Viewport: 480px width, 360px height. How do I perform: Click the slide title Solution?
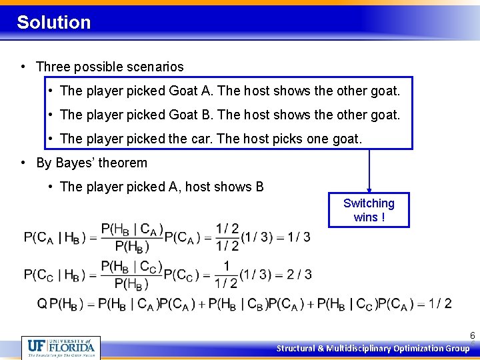click(53, 22)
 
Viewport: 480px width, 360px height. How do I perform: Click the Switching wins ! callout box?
click(369, 210)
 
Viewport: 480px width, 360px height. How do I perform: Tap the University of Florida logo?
click(61, 347)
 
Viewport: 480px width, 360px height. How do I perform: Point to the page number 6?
click(472, 336)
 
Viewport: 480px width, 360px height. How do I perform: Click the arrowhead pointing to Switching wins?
click(369, 190)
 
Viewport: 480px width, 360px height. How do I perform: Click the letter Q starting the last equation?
click(41, 304)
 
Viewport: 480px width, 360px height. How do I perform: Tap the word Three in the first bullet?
click(53, 67)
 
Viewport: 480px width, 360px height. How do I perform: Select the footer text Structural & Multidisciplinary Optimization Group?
click(373, 348)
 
